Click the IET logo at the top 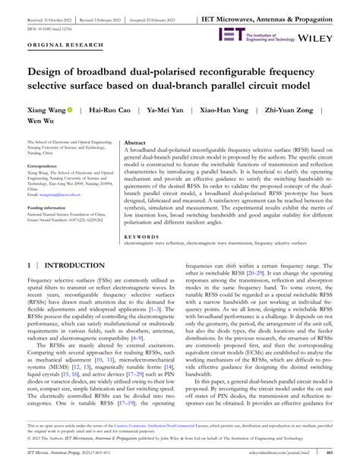tap(231, 34)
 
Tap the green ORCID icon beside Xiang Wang tap(69, 110)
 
